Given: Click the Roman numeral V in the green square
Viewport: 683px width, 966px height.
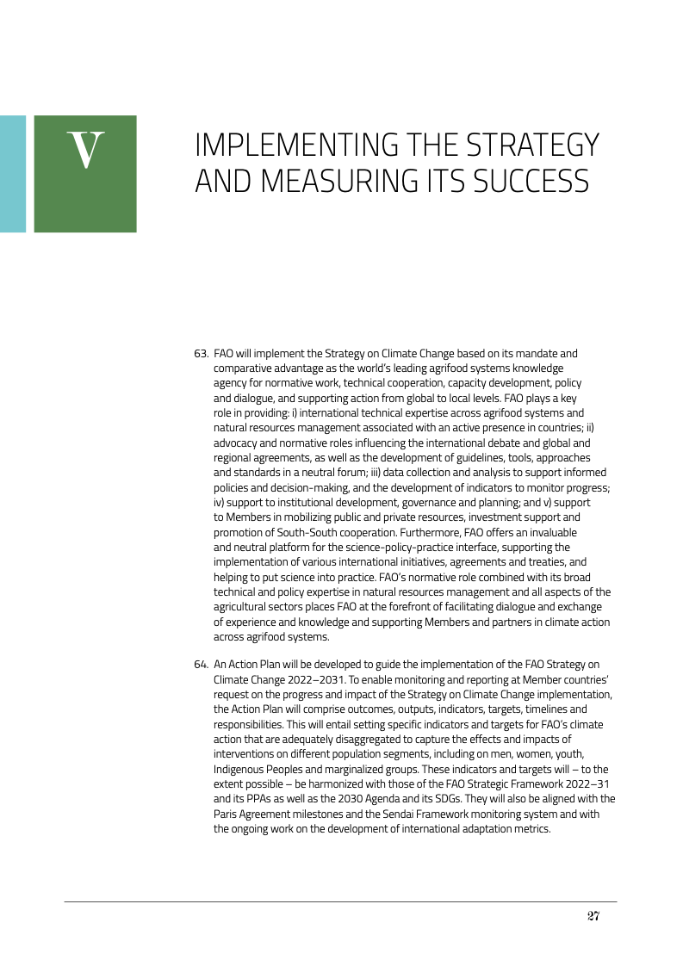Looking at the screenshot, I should (x=85, y=151).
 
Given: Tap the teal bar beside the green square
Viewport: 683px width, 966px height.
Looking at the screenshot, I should (x=12, y=173).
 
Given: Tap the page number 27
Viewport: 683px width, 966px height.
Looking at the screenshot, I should (x=593, y=915).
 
